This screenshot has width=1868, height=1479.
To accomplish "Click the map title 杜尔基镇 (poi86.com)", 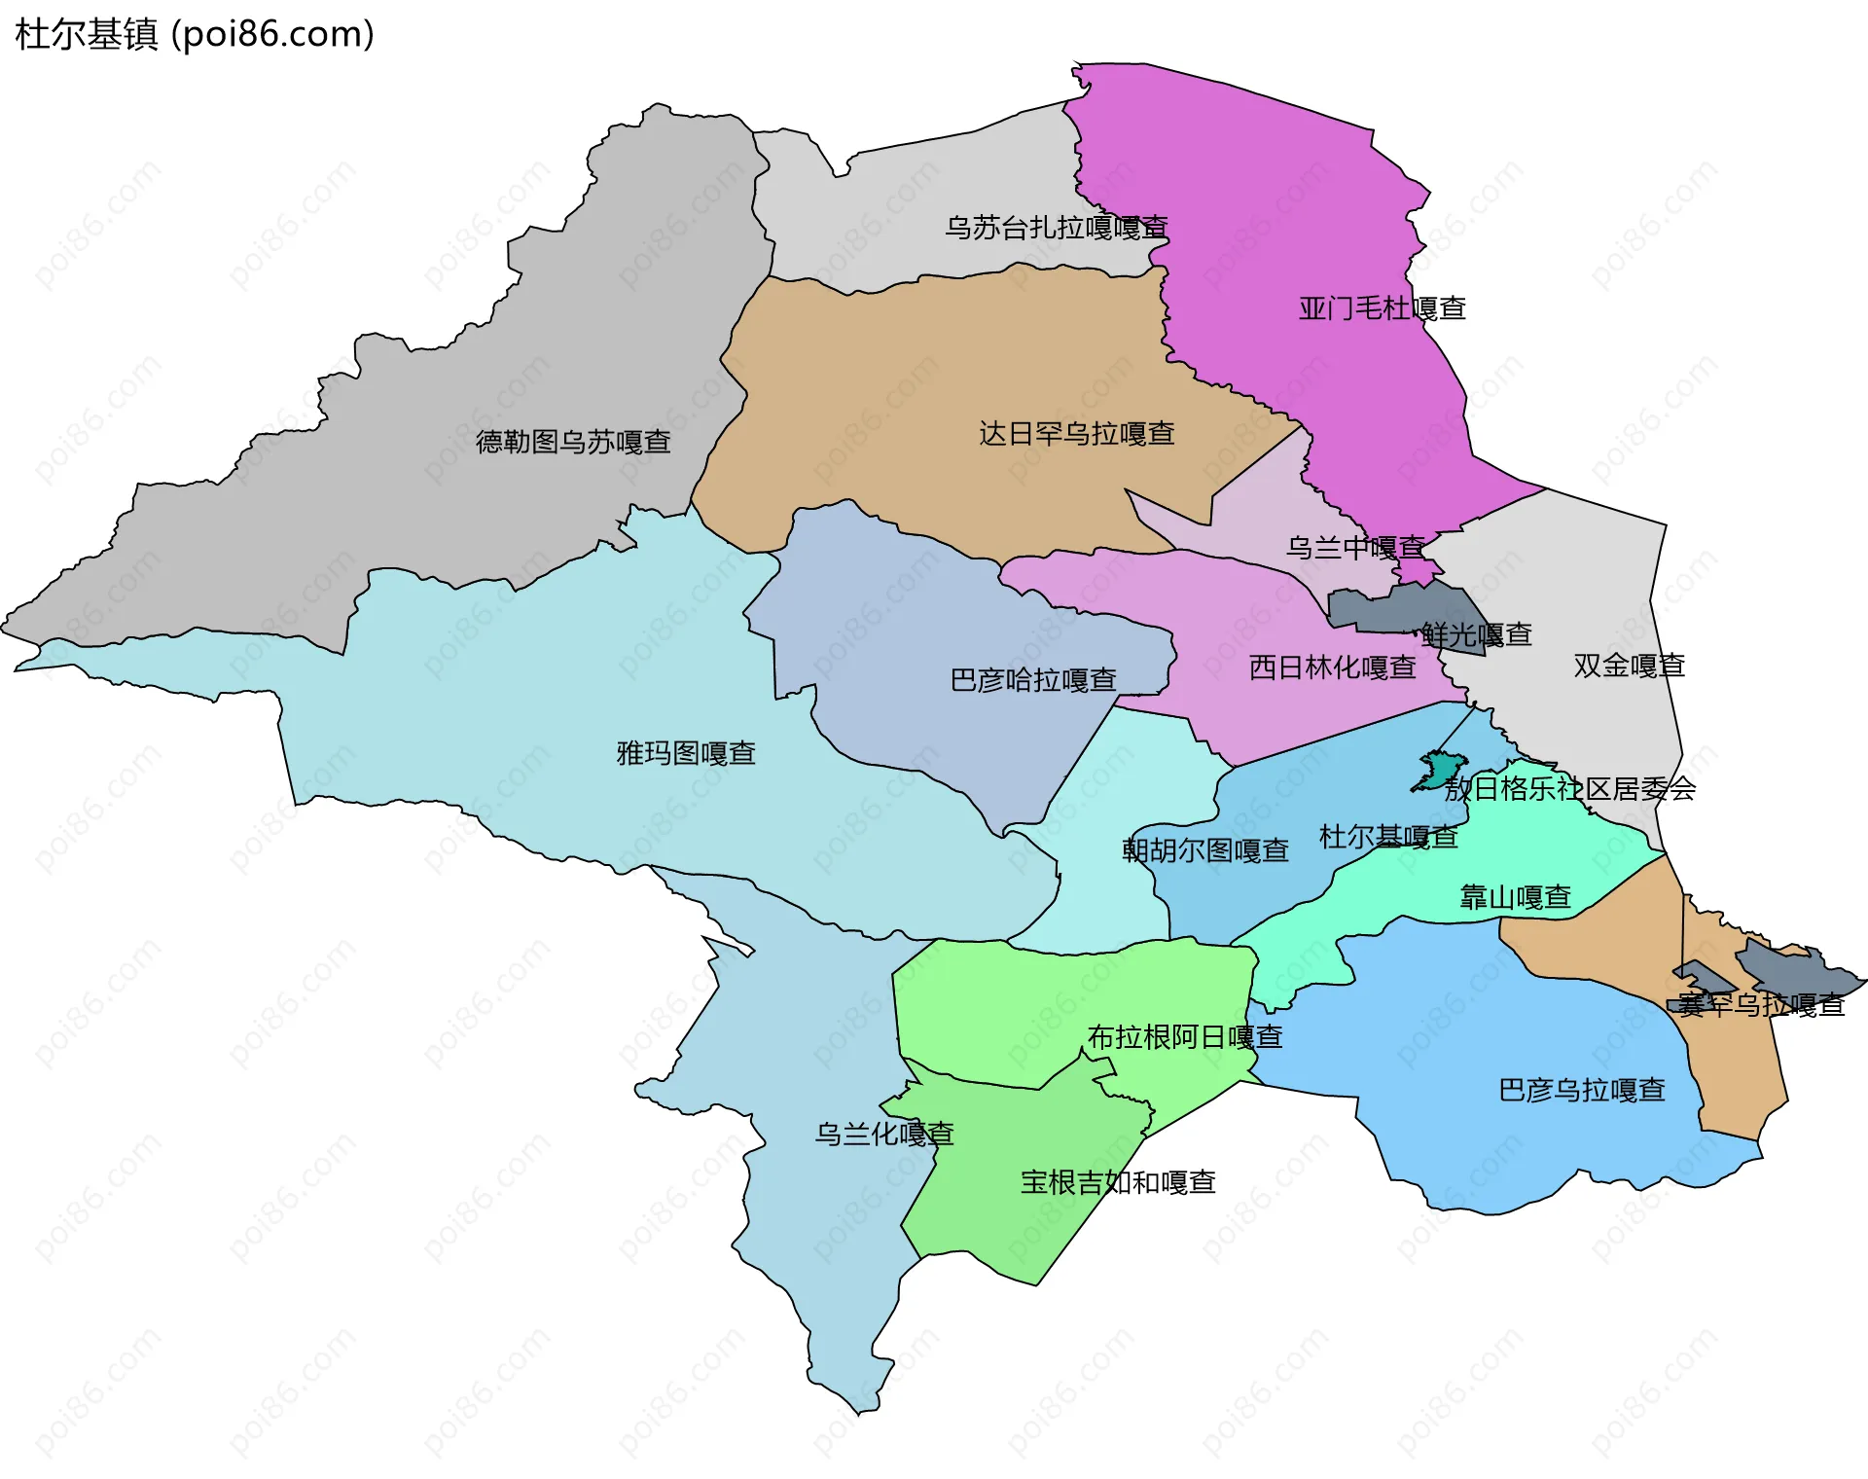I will pos(195,35).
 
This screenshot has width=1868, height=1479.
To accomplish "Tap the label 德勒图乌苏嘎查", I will pos(573,443).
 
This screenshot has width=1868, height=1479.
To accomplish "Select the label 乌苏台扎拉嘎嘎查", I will pos(1056,228).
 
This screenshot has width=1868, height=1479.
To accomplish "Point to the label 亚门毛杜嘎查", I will pos(1382,308).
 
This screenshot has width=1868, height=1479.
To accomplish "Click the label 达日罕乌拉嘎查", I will pos(1076,434).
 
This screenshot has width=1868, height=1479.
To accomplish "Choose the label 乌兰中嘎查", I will pos(1354,548).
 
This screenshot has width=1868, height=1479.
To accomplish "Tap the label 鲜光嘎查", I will pos(1476,635).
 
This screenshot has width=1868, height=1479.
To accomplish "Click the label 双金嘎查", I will pos(1629,666).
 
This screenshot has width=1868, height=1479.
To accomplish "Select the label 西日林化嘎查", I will pos(1332,667).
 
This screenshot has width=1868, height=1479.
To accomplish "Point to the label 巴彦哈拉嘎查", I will pos(1032,680).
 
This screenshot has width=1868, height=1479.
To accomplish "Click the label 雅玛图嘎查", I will pos(686,753).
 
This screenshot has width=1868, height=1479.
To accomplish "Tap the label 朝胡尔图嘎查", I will pos(1204,850).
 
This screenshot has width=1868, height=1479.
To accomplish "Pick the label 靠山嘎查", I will pos(1515,897).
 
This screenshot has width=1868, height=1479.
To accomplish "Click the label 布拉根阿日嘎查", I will pos(1184,1037).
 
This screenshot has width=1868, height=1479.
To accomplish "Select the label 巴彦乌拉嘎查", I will pos(1581,1090).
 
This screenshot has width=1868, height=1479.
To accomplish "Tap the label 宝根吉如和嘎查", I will pos(1117,1183).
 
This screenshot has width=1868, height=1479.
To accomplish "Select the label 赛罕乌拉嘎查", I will pos(1760,1005).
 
